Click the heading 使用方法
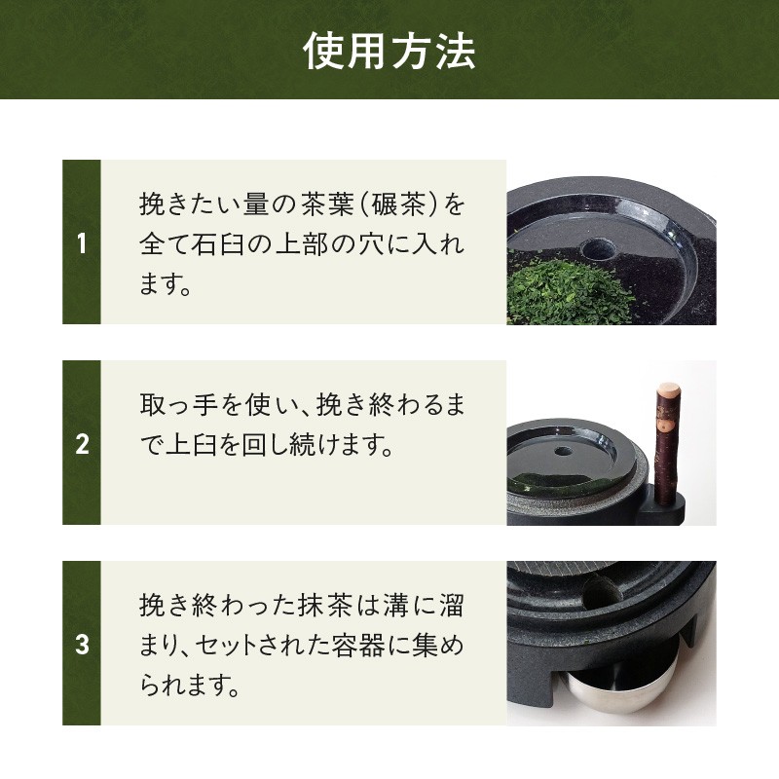click(389, 51)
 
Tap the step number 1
click(82, 244)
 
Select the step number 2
click(82, 444)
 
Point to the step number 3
click(82, 645)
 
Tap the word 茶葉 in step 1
click(327, 204)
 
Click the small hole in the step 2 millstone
click(563, 452)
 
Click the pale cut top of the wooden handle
click(668, 389)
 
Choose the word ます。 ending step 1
click(166, 284)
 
